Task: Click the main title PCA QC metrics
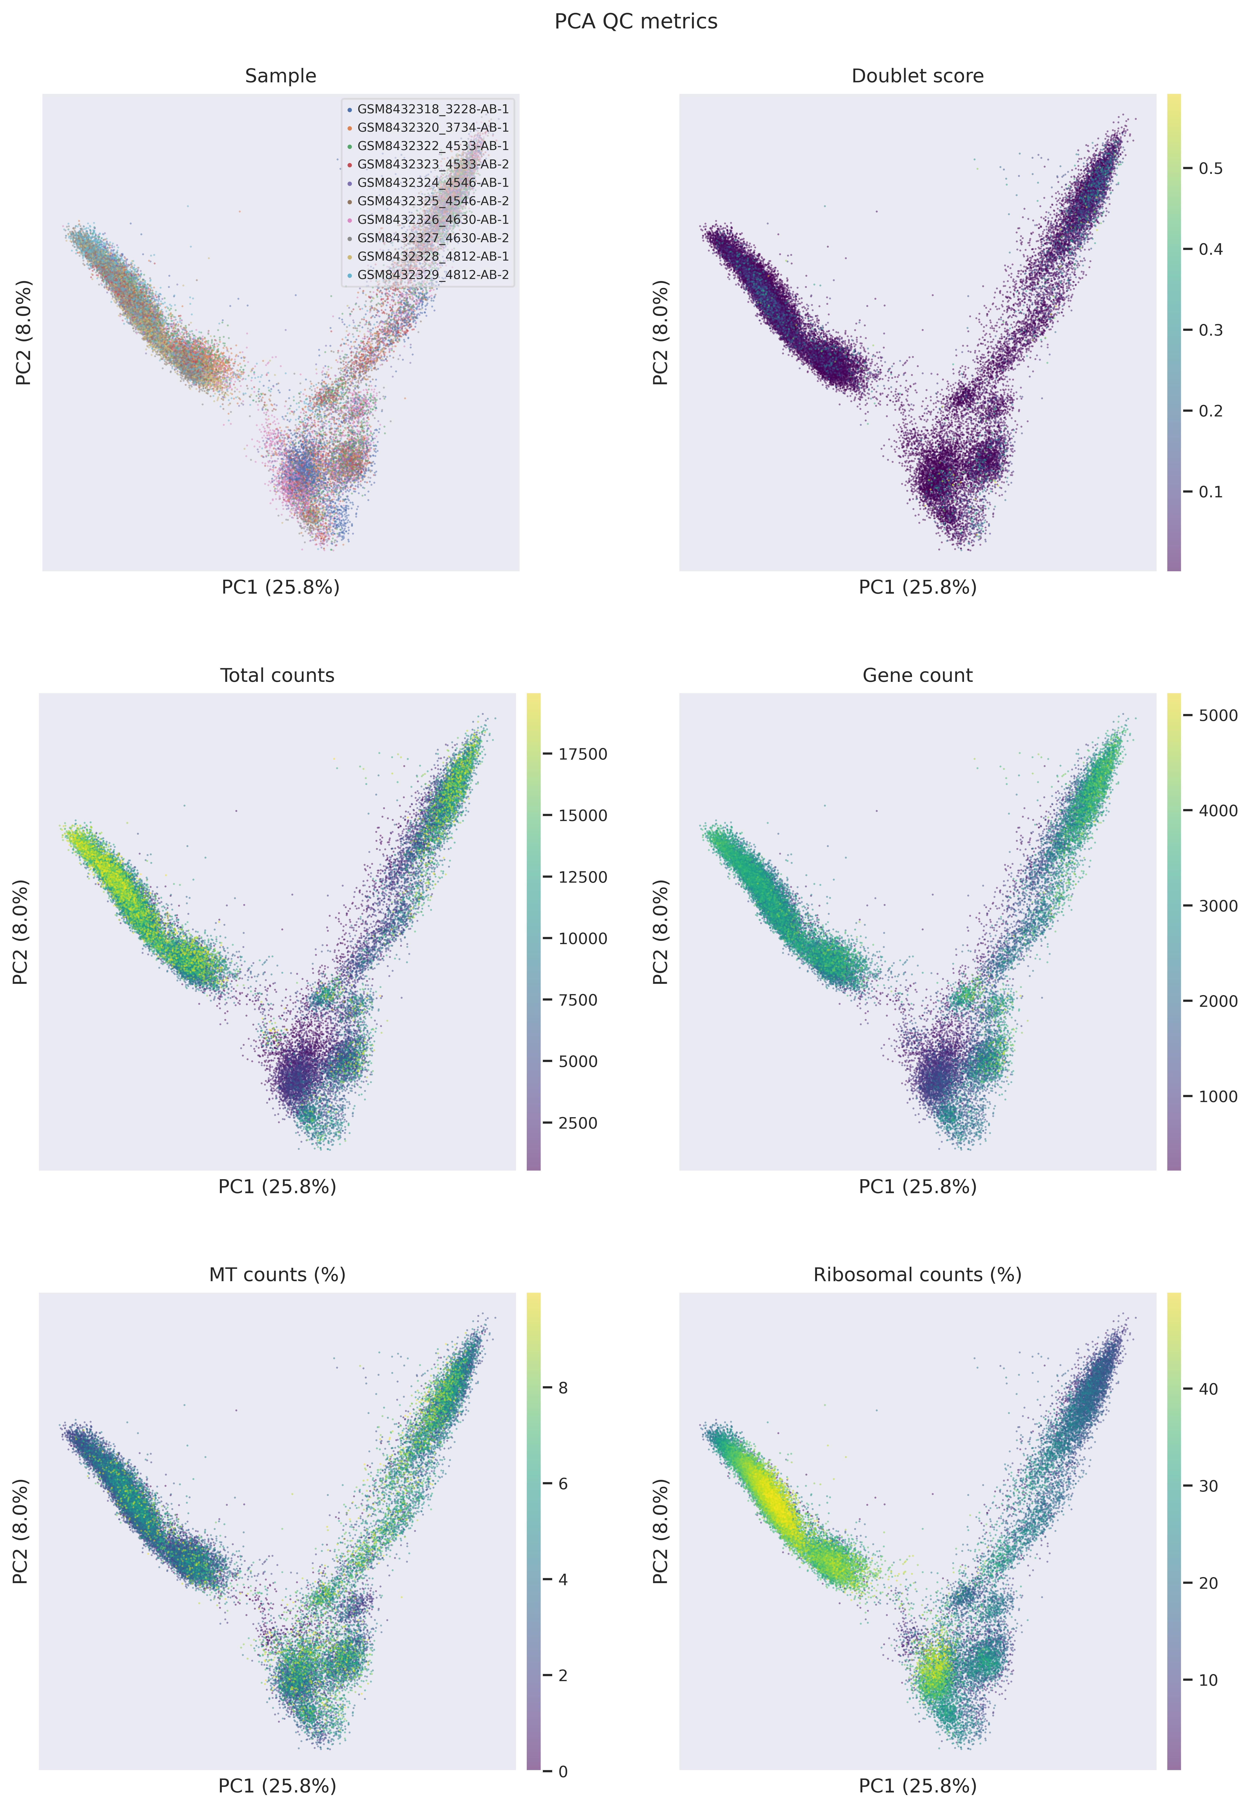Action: click(636, 21)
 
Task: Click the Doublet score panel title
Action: click(917, 76)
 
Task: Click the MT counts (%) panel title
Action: click(278, 1275)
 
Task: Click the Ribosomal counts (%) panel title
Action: click(917, 1275)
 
